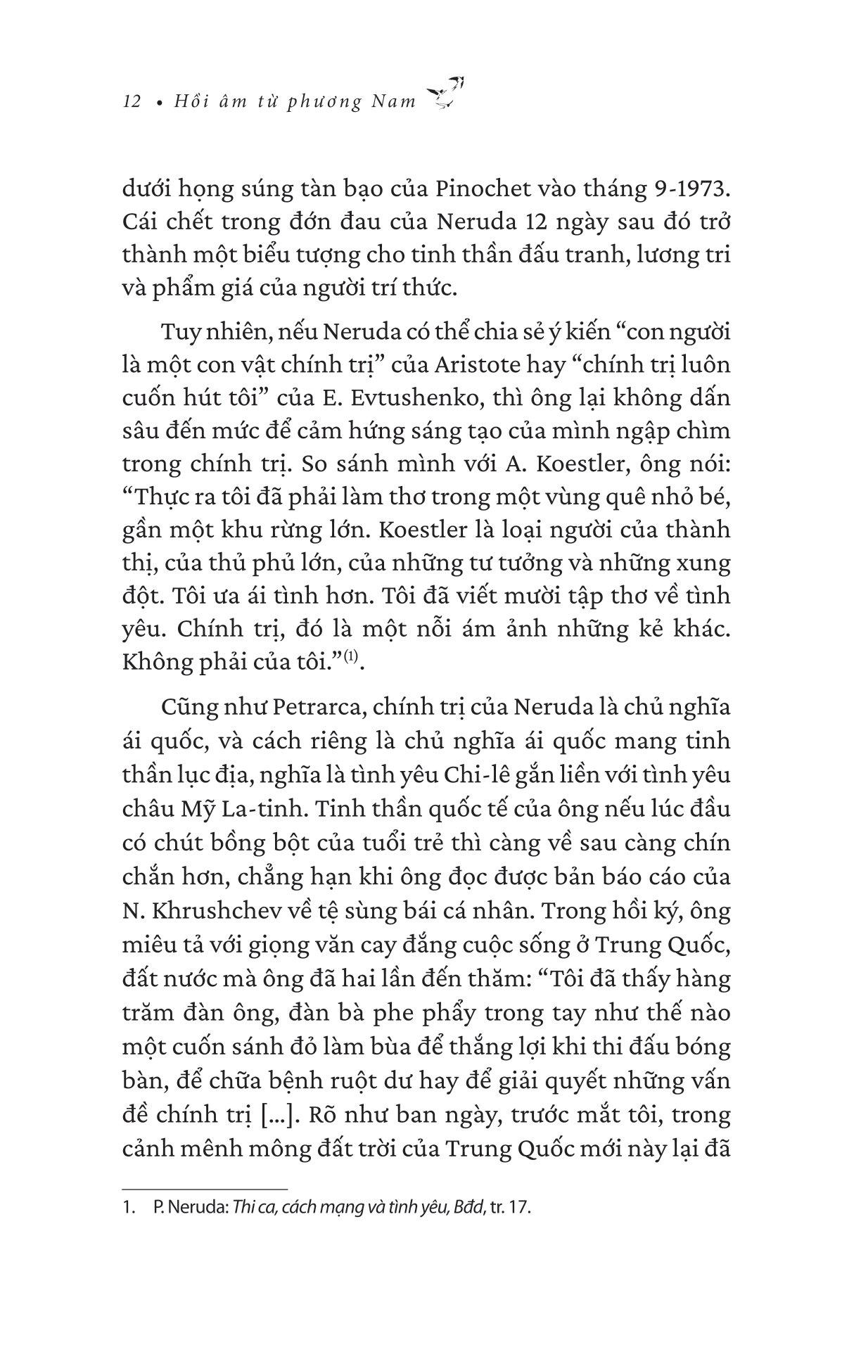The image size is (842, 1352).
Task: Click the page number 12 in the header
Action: click(x=132, y=102)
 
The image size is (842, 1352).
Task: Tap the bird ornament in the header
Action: click(x=447, y=93)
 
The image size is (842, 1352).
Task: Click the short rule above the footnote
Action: click(x=205, y=1187)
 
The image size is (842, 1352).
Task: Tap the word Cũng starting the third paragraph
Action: click(x=186, y=706)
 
